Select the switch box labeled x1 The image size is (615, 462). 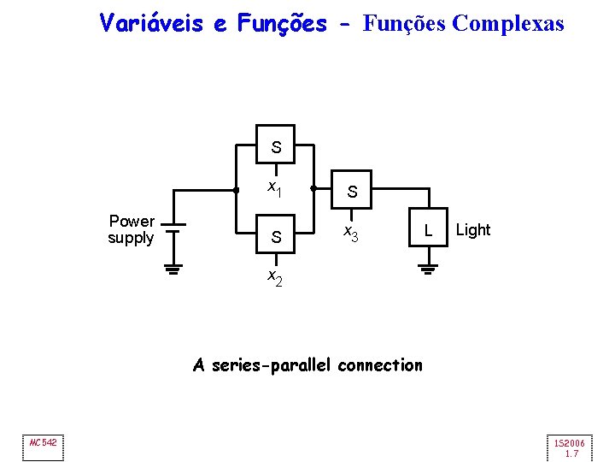(x=276, y=146)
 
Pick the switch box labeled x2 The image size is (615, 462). (x=276, y=237)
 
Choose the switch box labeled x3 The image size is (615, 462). (x=353, y=192)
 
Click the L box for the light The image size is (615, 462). (x=429, y=229)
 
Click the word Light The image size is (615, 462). (x=473, y=229)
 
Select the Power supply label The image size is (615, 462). (x=131, y=229)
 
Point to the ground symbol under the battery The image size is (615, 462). (x=173, y=271)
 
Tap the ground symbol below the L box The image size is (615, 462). (x=429, y=271)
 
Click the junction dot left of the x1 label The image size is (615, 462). (x=237, y=188)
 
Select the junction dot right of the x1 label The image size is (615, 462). (x=314, y=188)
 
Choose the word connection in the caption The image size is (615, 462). (x=380, y=365)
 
